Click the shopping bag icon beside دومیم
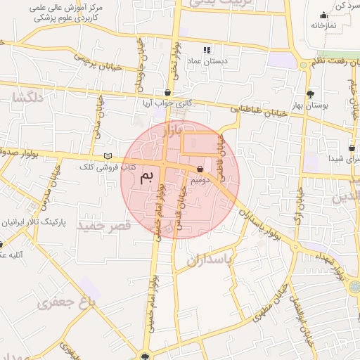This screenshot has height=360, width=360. (x=202, y=169)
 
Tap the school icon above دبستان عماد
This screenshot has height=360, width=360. (x=206, y=50)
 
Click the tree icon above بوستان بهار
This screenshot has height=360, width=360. (x=310, y=94)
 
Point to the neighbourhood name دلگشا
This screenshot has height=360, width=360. (x=27, y=98)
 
